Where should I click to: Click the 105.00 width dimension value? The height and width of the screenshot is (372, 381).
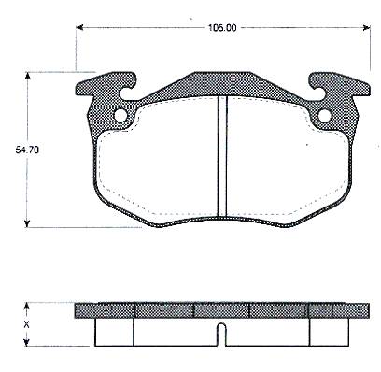pos(222,28)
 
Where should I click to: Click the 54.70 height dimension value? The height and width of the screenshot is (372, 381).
pos(27,150)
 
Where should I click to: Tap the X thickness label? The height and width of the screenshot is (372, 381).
pos(27,325)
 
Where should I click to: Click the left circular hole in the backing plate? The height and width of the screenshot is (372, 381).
pos(120,116)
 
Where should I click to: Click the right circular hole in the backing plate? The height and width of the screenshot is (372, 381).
pos(325,116)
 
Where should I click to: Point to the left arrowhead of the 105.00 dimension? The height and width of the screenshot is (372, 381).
pos(79,28)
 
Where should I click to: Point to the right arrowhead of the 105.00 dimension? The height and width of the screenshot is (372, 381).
pos(367,28)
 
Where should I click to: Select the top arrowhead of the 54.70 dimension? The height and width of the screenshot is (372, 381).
pos(27,76)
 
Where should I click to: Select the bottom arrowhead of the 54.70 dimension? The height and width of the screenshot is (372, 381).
pos(27,223)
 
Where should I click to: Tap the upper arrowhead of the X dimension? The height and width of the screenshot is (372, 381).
pos(27,307)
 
